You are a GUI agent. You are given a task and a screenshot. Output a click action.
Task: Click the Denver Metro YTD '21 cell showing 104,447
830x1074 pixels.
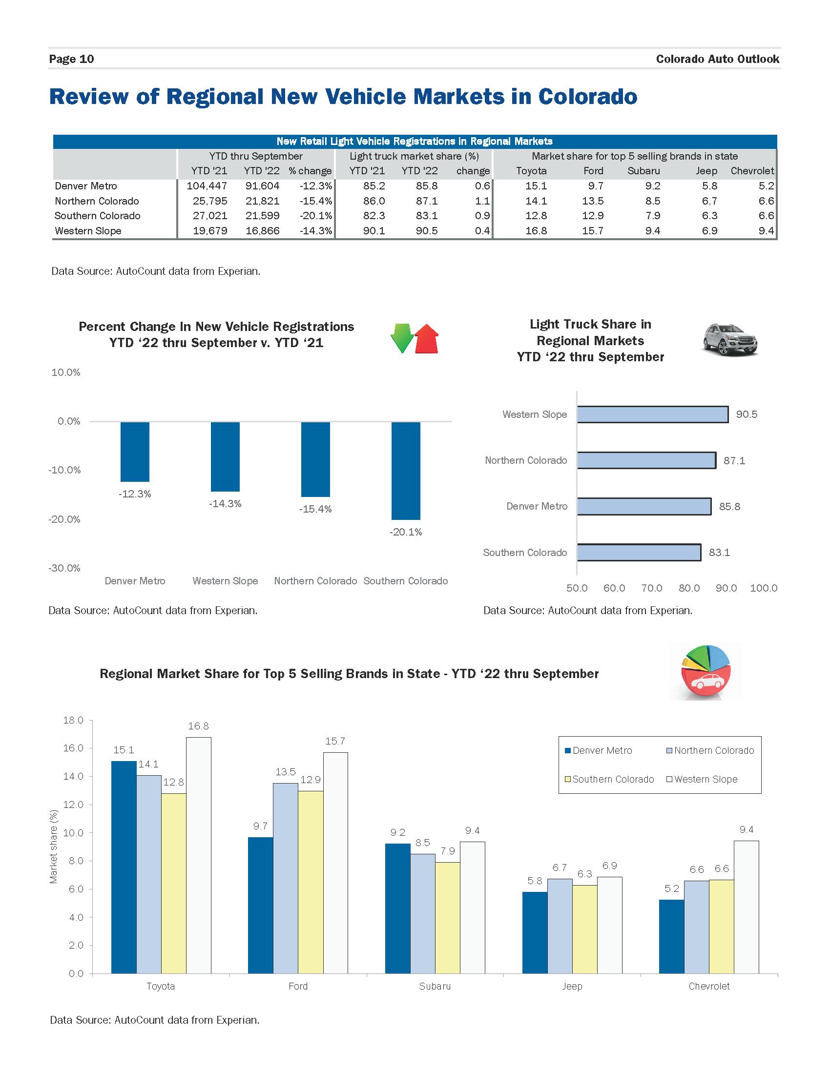coord(207,186)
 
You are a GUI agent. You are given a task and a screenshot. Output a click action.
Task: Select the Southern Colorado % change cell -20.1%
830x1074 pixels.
coord(316,216)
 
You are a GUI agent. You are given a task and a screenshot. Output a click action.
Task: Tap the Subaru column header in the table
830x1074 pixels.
coord(643,171)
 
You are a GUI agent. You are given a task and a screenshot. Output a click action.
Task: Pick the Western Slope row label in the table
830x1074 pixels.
coord(88,230)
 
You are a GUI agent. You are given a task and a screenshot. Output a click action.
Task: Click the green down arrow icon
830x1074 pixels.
coord(402,338)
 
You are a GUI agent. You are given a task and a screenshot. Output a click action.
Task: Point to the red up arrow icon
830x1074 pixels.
coord(426,339)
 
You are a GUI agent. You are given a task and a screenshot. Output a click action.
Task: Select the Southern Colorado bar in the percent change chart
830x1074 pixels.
coord(406,471)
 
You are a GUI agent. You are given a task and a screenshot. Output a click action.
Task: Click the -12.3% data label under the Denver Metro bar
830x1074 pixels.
coord(135,494)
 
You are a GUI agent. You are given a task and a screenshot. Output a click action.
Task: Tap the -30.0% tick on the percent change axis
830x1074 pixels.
coord(64,568)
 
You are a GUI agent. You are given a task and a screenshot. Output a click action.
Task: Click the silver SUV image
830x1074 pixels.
coord(730,339)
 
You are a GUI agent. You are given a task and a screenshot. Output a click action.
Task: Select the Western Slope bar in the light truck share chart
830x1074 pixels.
coord(652,414)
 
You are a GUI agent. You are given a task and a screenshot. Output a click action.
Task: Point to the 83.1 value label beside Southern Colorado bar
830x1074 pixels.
coord(719,552)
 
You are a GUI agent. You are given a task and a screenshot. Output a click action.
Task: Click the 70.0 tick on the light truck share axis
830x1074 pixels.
coord(651,588)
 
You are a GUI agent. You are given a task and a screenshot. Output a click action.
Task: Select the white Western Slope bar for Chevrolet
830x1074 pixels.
coord(746,907)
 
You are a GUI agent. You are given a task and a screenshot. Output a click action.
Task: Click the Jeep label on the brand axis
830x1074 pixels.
coord(572,986)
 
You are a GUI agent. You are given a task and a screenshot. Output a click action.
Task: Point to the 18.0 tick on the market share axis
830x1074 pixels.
coord(73,720)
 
